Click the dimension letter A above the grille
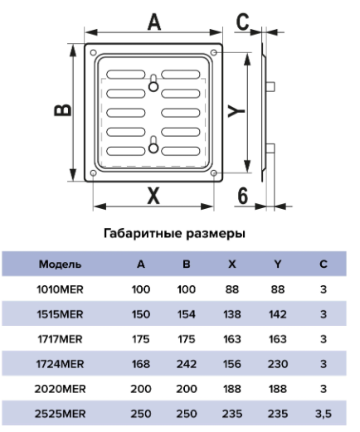pos(154,22)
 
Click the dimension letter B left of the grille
pos(62,109)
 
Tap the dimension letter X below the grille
pos(153,196)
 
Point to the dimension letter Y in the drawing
pos(236,111)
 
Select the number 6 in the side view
pos(243,196)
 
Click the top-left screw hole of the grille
pos(94,52)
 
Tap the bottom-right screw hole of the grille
pos(214,173)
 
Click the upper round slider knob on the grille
pos(153,87)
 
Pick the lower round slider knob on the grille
pos(153,148)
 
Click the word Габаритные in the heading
pos(143,234)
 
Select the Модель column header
pos(60,265)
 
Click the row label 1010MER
pos(60,289)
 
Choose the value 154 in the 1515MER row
pos(187,314)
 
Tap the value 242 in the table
pos(187,364)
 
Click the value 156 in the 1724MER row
pos(232,364)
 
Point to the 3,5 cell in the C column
pos(324,414)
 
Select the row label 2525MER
pos(60,414)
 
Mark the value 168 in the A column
pos(141,364)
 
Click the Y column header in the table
pos(278,265)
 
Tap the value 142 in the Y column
pos(278,314)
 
